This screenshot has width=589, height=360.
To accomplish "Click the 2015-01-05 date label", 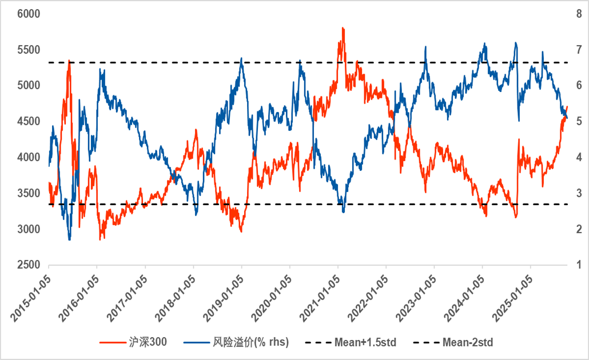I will coord(32,292).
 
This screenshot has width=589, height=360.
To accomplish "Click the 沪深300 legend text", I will coord(148,342).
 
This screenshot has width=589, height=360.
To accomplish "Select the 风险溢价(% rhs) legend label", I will coord(250,342).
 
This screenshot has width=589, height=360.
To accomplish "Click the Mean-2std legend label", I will coord(467,342).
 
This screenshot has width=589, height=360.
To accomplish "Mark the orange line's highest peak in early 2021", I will coord(343,27).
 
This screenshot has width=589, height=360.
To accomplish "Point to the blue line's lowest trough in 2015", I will coord(70,240).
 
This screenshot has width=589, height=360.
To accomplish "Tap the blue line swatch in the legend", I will coord(197,342).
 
